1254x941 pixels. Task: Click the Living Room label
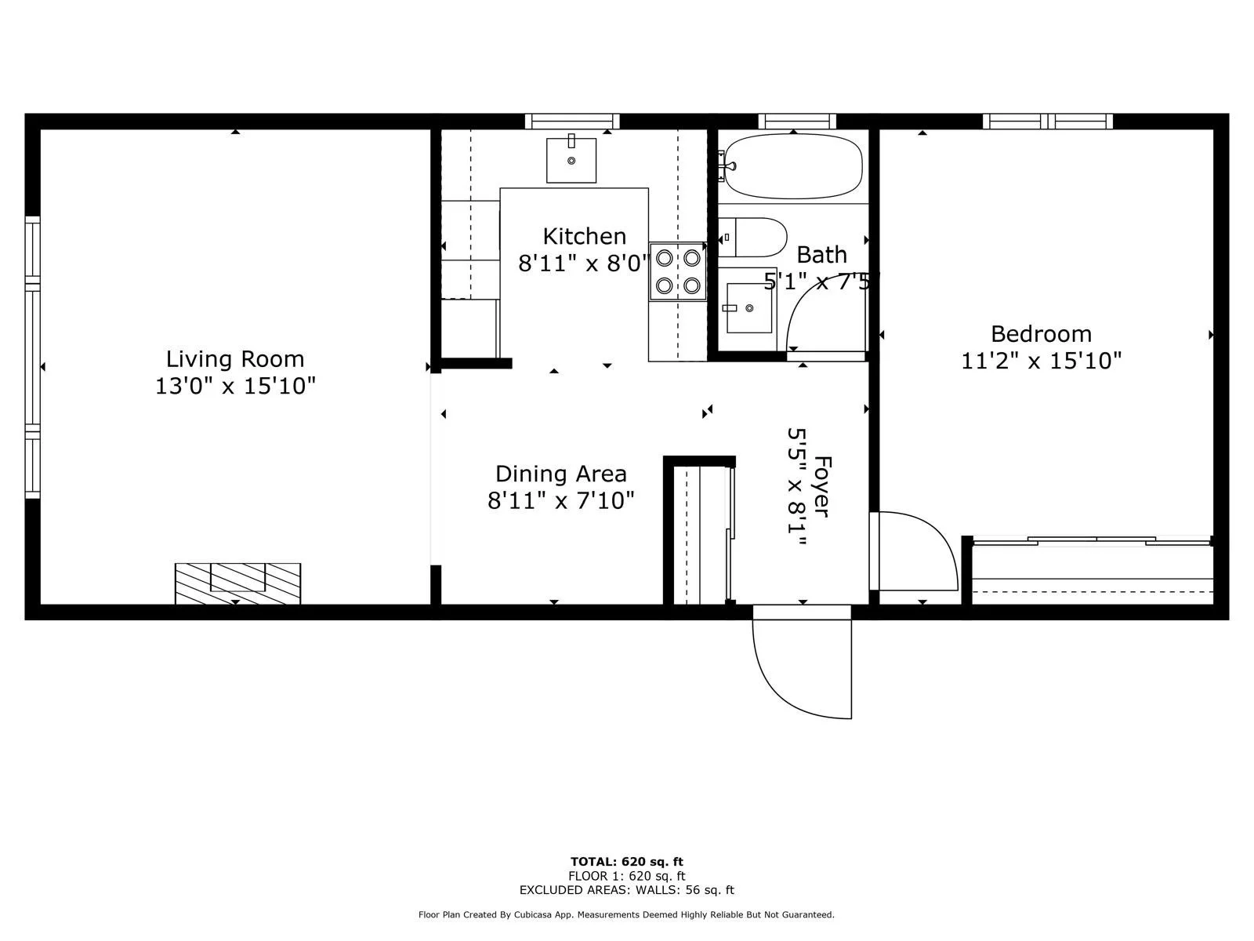click(x=235, y=359)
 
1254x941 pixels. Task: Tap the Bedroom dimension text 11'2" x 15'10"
click(x=1041, y=361)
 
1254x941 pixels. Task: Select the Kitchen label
click(x=584, y=236)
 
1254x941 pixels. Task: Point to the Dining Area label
click(x=560, y=474)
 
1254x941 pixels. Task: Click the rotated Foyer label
click(x=821, y=487)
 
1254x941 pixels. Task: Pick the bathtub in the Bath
click(x=793, y=166)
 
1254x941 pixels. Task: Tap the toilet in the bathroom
click(x=752, y=237)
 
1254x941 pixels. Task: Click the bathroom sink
click(x=749, y=308)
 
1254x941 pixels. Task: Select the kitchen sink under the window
click(x=571, y=160)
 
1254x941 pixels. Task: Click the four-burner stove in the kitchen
click(x=678, y=271)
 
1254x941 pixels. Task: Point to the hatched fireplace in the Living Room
click(x=237, y=583)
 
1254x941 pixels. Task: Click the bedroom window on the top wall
click(x=1048, y=122)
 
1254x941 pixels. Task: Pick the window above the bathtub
click(x=797, y=122)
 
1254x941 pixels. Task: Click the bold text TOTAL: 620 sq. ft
click(x=627, y=862)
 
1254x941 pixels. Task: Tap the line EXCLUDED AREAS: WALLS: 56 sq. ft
click(x=627, y=889)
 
